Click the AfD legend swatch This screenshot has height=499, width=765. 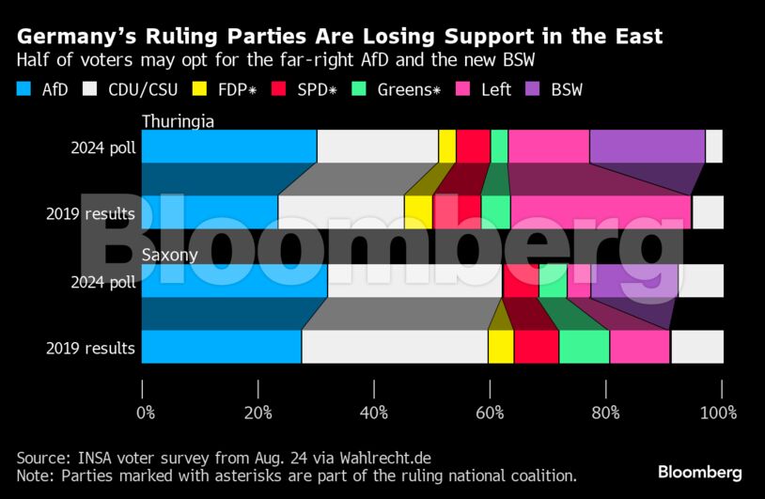click(24, 90)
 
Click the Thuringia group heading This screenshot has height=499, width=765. click(179, 120)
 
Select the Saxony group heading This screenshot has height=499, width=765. click(170, 255)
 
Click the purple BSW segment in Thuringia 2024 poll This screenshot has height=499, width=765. click(647, 147)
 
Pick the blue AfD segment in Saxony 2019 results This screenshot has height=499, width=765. click(221, 347)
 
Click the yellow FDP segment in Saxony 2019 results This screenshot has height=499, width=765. click(501, 347)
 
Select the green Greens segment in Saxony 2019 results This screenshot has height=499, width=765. click(584, 347)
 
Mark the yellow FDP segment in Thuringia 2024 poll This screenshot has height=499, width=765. click(447, 147)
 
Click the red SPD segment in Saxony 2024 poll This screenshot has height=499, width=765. click(521, 281)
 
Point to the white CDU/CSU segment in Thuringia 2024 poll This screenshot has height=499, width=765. click(378, 147)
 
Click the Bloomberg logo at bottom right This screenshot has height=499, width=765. click(699, 472)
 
